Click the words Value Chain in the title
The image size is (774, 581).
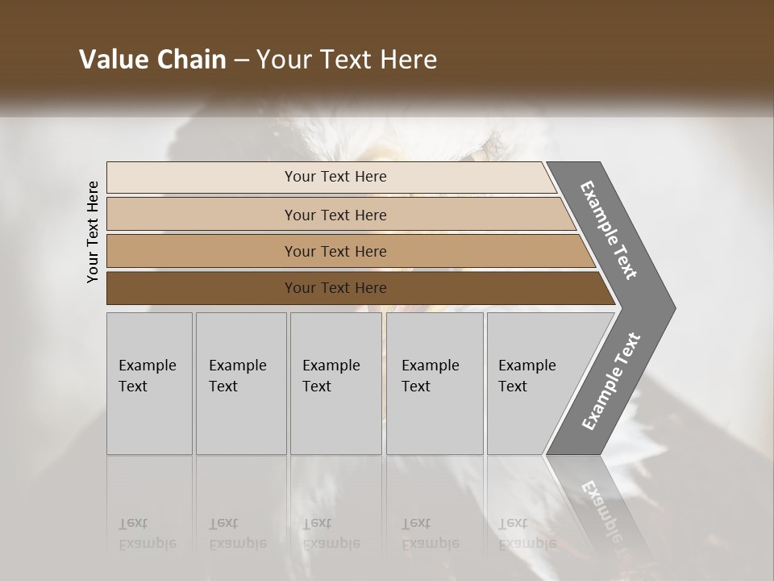(x=152, y=60)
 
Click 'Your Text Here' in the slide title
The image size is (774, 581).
(x=347, y=60)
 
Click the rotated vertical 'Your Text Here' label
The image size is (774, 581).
(x=93, y=232)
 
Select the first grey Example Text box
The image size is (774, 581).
(x=149, y=383)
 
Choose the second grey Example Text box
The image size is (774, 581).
(x=241, y=383)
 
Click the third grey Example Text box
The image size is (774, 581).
(x=335, y=383)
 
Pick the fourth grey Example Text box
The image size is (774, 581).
(x=435, y=383)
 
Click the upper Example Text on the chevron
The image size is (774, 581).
(x=609, y=230)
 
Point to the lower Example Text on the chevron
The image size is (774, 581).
(x=611, y=381)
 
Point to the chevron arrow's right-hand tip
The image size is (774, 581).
(x=673, y=307)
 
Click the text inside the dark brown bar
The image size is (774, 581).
(x=335, y=288)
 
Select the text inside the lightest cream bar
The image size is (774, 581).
(x=335, y=177)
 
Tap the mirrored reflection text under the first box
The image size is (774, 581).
(x=147, y=533)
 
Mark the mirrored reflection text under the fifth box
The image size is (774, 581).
(x=526, y=533)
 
